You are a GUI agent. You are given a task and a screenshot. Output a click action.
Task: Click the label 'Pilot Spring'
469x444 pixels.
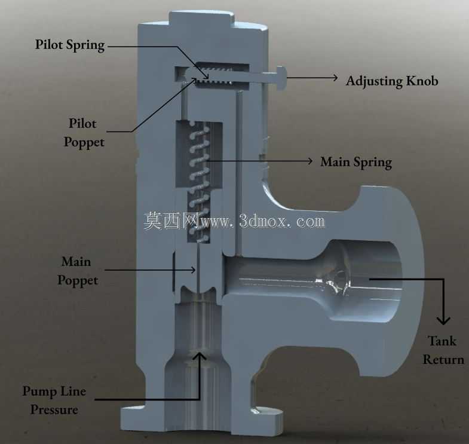pyautogui.click(x=70, y=45)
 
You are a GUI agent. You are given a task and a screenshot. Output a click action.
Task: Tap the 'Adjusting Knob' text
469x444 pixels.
pyautogui.click(x=392, y=81)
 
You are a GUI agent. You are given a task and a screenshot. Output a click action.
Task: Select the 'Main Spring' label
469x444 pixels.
pyautogui.click(x=356, y=162)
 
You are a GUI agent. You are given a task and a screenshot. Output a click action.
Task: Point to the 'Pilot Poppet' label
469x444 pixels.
pyautogui.click(x=84, y=133)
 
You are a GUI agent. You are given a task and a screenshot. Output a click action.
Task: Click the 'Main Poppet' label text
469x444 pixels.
pyautogui.click(x=78, y=271)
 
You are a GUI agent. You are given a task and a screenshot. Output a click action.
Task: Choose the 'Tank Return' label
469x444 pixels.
pyautogui.click(x=443, y=350)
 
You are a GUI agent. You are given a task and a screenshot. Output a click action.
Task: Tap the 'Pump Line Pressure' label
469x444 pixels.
pyautogui.click(x=54, y=400)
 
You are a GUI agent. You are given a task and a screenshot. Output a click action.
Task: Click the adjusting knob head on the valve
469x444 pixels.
pyautogui.click(x=281, y=78)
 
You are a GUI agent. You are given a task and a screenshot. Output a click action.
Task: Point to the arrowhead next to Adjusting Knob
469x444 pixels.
pyautogui.click(x=335, y=78)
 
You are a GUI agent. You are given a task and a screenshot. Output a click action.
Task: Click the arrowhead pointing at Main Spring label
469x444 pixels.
pyautogui.click(x=310, y=161)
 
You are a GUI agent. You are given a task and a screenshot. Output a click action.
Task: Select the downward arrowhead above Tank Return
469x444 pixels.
pyautogui.click(x=443, y=320)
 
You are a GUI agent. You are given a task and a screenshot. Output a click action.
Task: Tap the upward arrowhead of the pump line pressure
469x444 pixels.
pyautogui.click(x=200, y=357)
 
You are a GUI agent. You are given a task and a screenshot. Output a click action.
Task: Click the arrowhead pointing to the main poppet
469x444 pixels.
pyautogui.click(x=193, y=270)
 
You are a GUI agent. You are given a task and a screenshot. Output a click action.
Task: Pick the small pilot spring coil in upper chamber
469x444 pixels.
pyautogui.click(x=214, y=76)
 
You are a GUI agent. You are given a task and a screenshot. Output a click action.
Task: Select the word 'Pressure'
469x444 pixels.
pyautogui.click(x=54, y=409)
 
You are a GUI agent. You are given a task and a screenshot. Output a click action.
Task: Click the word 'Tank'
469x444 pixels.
pyautogui.click(x=442, y=341)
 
